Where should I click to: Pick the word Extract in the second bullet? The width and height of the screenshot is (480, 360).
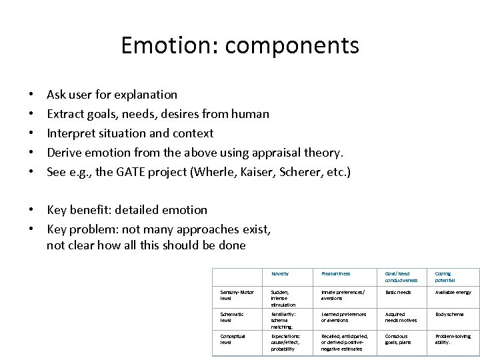pyautogui.click(x=65, y=114)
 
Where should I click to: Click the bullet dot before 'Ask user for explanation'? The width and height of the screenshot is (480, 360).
pyautogui.click(x=31, y=95)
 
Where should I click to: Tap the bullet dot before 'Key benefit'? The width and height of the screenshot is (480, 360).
pyautogui.click(x=31, y=210)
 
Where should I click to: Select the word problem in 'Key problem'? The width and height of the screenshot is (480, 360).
pyautogui.click(x=93, y=229)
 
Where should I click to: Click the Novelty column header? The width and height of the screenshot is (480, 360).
pyautogui.click(x=280, y=274)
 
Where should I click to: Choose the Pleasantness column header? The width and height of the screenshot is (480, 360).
pyautogui.click(x=336, y=274)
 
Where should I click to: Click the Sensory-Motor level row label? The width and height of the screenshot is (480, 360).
pyautogui.click(x=237, y=295)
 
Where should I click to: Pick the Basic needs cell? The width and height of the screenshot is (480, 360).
pyautogui.click(x=399, y=292)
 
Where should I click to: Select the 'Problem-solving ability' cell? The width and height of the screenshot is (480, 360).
pyautogui.click(x=452, y=339)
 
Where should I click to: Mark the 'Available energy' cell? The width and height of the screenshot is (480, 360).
pyautogui.click(x=453, y=292)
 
